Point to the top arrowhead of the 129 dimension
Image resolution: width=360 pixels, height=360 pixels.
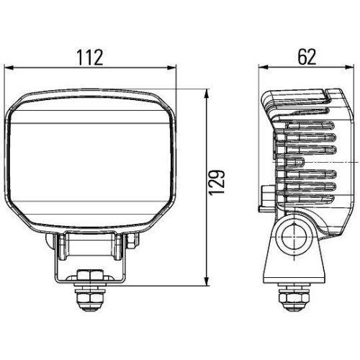(x=207, y=92)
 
